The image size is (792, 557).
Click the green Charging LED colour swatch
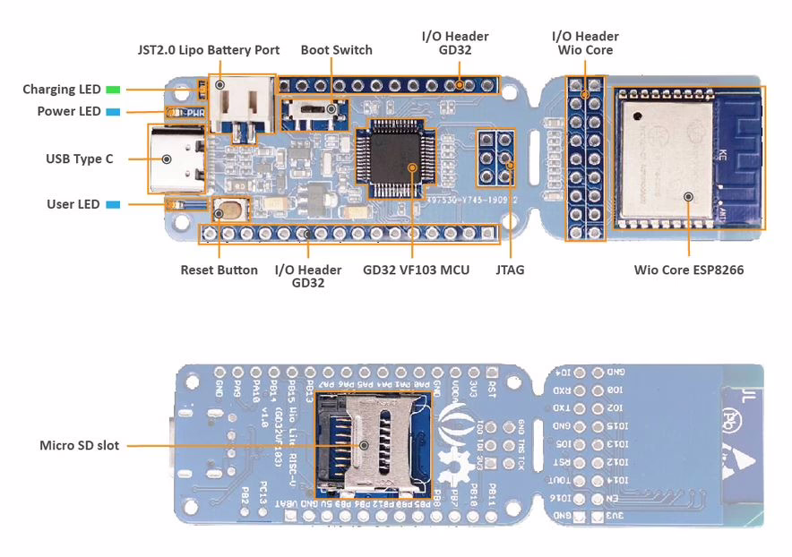tap(113, 90)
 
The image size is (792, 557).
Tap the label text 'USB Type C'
tap(80, 159)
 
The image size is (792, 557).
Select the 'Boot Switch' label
tap(336, 50)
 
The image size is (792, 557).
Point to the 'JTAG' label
tap(510, 270)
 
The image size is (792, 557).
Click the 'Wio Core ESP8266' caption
tap(688, 270)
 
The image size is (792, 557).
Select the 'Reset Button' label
tap(219, 270)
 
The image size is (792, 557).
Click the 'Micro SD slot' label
tap(79, 445)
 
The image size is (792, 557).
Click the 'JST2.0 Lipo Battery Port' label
tap(208, 50)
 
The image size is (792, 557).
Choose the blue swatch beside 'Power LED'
tap(113, 112)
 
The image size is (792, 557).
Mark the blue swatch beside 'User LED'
tap(113, 204)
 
